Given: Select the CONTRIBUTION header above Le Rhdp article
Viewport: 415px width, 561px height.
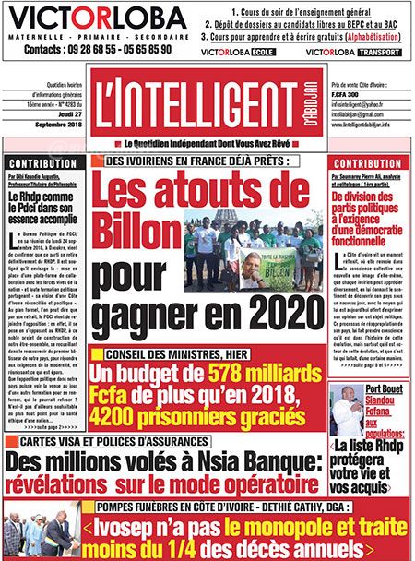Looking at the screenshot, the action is point(46,163).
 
